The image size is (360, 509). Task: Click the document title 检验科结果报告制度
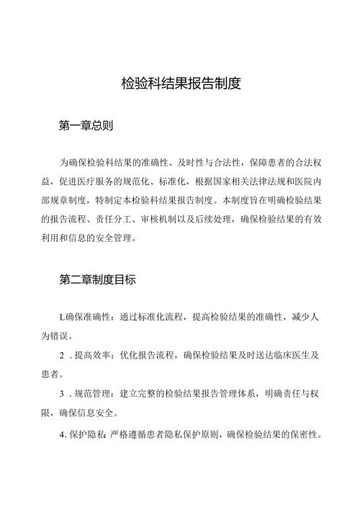tap(180, 84)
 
